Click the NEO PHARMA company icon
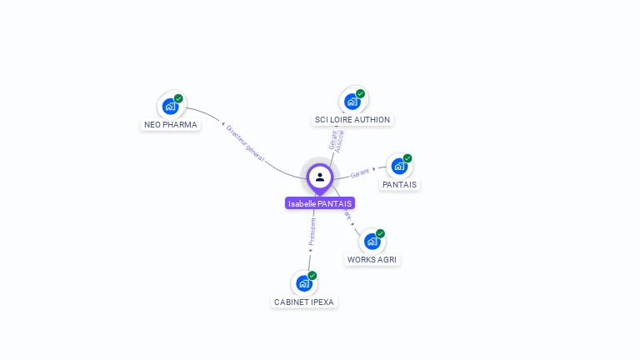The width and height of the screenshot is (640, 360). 171,106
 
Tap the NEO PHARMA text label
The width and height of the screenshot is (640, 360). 171,125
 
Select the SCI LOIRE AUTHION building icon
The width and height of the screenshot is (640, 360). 352,101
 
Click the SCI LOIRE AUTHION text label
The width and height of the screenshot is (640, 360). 352,120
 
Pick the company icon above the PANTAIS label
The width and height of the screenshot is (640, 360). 399,166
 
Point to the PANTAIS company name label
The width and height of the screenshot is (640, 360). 400,184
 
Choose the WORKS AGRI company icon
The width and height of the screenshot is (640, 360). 372,241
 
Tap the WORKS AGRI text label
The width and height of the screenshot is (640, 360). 373,259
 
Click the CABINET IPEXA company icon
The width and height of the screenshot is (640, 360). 304,283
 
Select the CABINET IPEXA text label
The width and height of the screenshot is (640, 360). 305,302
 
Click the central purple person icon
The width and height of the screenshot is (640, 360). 320,177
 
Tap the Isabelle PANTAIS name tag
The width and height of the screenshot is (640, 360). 320,203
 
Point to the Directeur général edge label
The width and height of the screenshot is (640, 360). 245,142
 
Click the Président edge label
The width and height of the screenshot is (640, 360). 312,231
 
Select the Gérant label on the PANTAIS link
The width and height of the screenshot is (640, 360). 360,172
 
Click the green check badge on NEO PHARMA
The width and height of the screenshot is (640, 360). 178,98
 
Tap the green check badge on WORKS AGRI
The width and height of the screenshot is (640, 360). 380,233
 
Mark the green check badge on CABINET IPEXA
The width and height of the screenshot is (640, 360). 312,276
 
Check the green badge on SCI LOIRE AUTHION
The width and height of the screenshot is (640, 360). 360,93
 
